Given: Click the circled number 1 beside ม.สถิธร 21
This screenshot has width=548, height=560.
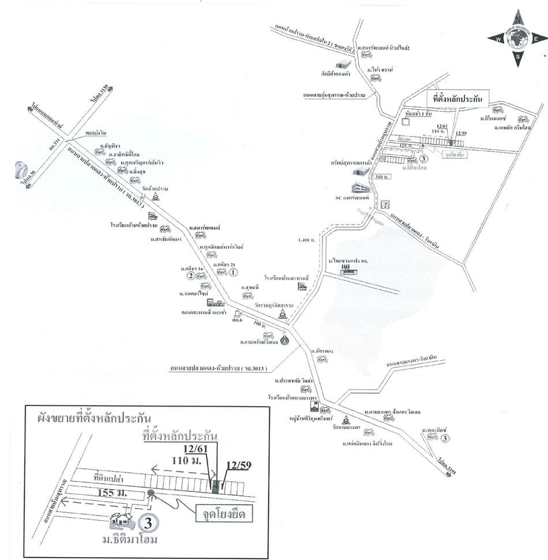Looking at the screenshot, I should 233,272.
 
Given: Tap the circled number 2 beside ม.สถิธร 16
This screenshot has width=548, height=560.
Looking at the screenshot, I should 189,276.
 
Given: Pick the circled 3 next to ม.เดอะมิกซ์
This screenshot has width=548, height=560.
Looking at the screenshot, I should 445,439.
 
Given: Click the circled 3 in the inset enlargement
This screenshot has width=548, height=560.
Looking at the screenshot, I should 148,524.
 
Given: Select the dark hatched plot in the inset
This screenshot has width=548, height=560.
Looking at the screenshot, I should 215,486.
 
